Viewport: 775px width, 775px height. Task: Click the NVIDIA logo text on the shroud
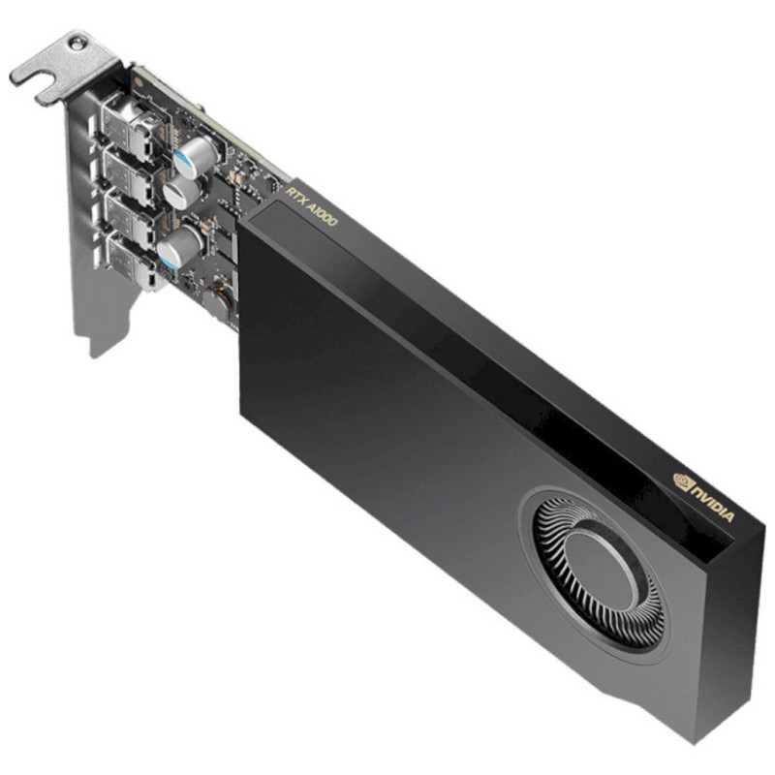pyautogui.click(x=712, y=503)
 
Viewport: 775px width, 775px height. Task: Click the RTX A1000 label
pyautogui.click(x=311, y=206)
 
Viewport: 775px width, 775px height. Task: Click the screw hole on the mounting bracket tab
pyautogui.click(x=77, y=44)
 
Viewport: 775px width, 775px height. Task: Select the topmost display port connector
pyautogui.click(x=130, y=127)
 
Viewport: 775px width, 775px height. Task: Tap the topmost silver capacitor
pyautogui.click(x=196, y=156)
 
